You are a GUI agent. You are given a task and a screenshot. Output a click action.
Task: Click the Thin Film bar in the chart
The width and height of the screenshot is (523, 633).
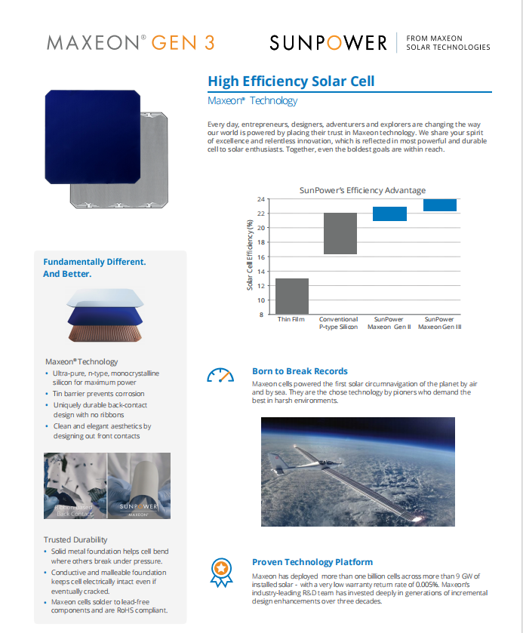(x=292, y=296)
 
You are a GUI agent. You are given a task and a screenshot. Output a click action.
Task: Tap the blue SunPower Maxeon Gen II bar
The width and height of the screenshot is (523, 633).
(x=390, y=214)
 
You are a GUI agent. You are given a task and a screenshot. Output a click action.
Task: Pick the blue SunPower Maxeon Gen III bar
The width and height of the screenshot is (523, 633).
(x=440, y=204)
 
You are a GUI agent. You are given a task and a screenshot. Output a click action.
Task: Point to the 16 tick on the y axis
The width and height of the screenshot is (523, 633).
(x=261, y=257)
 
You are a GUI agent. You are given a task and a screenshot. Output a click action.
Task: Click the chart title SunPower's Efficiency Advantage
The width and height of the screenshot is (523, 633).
(x=362, y=190)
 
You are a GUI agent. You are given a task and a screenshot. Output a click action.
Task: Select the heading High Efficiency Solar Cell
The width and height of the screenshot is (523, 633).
(x=291, y=81)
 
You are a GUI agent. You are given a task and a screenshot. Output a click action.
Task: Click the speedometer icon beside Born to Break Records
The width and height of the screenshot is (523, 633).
(x=220, y=375)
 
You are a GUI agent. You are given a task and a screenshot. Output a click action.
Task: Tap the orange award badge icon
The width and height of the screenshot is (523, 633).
(x=220, y=567)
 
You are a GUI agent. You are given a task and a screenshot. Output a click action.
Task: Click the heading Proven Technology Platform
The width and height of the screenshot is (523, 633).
(x=312, y=562)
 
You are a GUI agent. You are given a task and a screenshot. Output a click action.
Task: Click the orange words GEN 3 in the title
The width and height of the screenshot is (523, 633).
(x=183, y=42)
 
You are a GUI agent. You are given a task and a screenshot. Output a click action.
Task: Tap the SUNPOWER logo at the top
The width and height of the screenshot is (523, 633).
(x=328, y=43)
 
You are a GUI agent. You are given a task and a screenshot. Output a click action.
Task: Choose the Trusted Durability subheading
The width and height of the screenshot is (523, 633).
(x=75, y=539)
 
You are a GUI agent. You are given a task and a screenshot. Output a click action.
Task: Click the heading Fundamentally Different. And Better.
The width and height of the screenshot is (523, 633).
(x=94, y=268)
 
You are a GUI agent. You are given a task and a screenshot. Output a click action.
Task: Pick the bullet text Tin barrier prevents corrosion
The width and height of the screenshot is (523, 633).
(x=98, y=394)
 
